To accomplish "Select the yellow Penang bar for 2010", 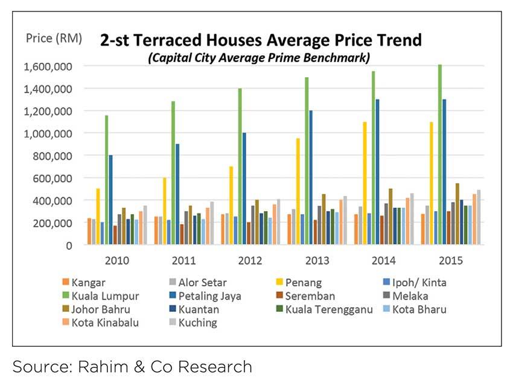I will [98, 217].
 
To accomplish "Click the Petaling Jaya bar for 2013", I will [311, 177].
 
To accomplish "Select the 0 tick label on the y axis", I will [68, 245].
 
